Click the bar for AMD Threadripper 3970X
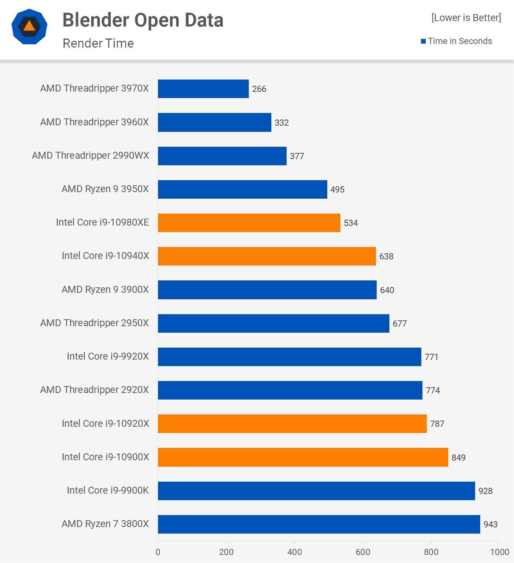point(203,89)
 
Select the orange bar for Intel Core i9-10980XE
point(249,223)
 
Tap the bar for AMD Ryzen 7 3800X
point(319,524)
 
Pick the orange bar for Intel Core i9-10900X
point(303,457)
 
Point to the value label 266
point(259,89)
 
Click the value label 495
point(337,190)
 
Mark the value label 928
point(485,491)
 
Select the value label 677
point(400,324)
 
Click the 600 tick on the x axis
point(363,552)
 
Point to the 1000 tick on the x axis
point(499,552)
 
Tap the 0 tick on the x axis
point(158,552)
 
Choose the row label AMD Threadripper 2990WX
point(90,155)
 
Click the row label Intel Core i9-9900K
point(108,490)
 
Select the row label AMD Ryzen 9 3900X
point(105,289)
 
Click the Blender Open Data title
point(143,20)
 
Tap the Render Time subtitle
point(98,43)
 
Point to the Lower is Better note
point(466,18)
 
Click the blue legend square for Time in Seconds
point(423,41)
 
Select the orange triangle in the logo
point(29,26)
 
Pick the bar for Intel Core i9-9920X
point(290,357)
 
